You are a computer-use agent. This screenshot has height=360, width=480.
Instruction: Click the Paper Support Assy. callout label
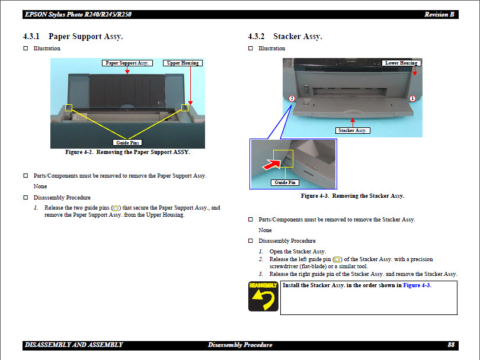coord(127,63)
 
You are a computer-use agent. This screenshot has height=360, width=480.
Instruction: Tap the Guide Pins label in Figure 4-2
coord(127,143)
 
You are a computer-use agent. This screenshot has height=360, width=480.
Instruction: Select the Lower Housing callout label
coord(401,63)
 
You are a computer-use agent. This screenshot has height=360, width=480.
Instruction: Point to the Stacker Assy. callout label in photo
coord(353,130)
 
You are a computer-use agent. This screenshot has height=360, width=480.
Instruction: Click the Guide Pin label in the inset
coord(285,182)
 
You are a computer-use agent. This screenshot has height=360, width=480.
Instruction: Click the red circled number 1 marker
coord(412,98)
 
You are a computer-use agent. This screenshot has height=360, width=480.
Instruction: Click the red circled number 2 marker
coord(292,98)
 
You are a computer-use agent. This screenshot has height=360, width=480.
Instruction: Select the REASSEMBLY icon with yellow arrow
coord(263,297)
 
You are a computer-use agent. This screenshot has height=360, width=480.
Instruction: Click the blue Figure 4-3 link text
coord(417,285)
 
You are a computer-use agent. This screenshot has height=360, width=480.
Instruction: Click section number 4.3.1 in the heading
coord(32,37)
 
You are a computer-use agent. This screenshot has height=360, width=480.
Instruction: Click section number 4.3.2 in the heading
coord(257,37)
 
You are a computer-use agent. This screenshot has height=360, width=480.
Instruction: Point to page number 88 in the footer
coord(451,345)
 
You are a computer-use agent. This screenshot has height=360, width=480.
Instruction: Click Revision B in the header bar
coord(440,14)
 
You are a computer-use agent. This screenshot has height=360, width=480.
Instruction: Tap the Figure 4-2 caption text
coord(127,152)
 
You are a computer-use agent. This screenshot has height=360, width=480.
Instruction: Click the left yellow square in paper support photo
coord(69,108)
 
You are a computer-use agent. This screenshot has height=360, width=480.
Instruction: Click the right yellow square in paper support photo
coord(185,107)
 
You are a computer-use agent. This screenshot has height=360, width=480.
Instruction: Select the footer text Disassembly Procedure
coord(240,345)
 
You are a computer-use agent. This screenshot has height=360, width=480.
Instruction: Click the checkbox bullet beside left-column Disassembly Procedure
coord(25,197)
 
